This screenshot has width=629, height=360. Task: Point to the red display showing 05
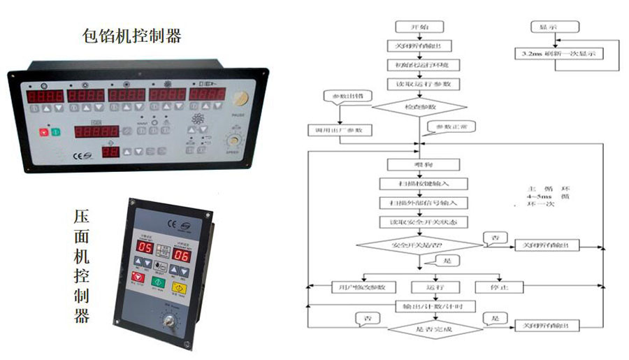point(145,247)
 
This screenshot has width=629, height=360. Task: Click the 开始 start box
point(419,27)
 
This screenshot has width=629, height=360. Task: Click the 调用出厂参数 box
point(340,130)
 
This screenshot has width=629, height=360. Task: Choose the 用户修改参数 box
point(363,287)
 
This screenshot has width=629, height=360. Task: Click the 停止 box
point(499,287)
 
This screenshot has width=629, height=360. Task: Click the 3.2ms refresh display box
point(559,53)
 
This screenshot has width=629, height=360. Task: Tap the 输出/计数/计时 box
point(426,307)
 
